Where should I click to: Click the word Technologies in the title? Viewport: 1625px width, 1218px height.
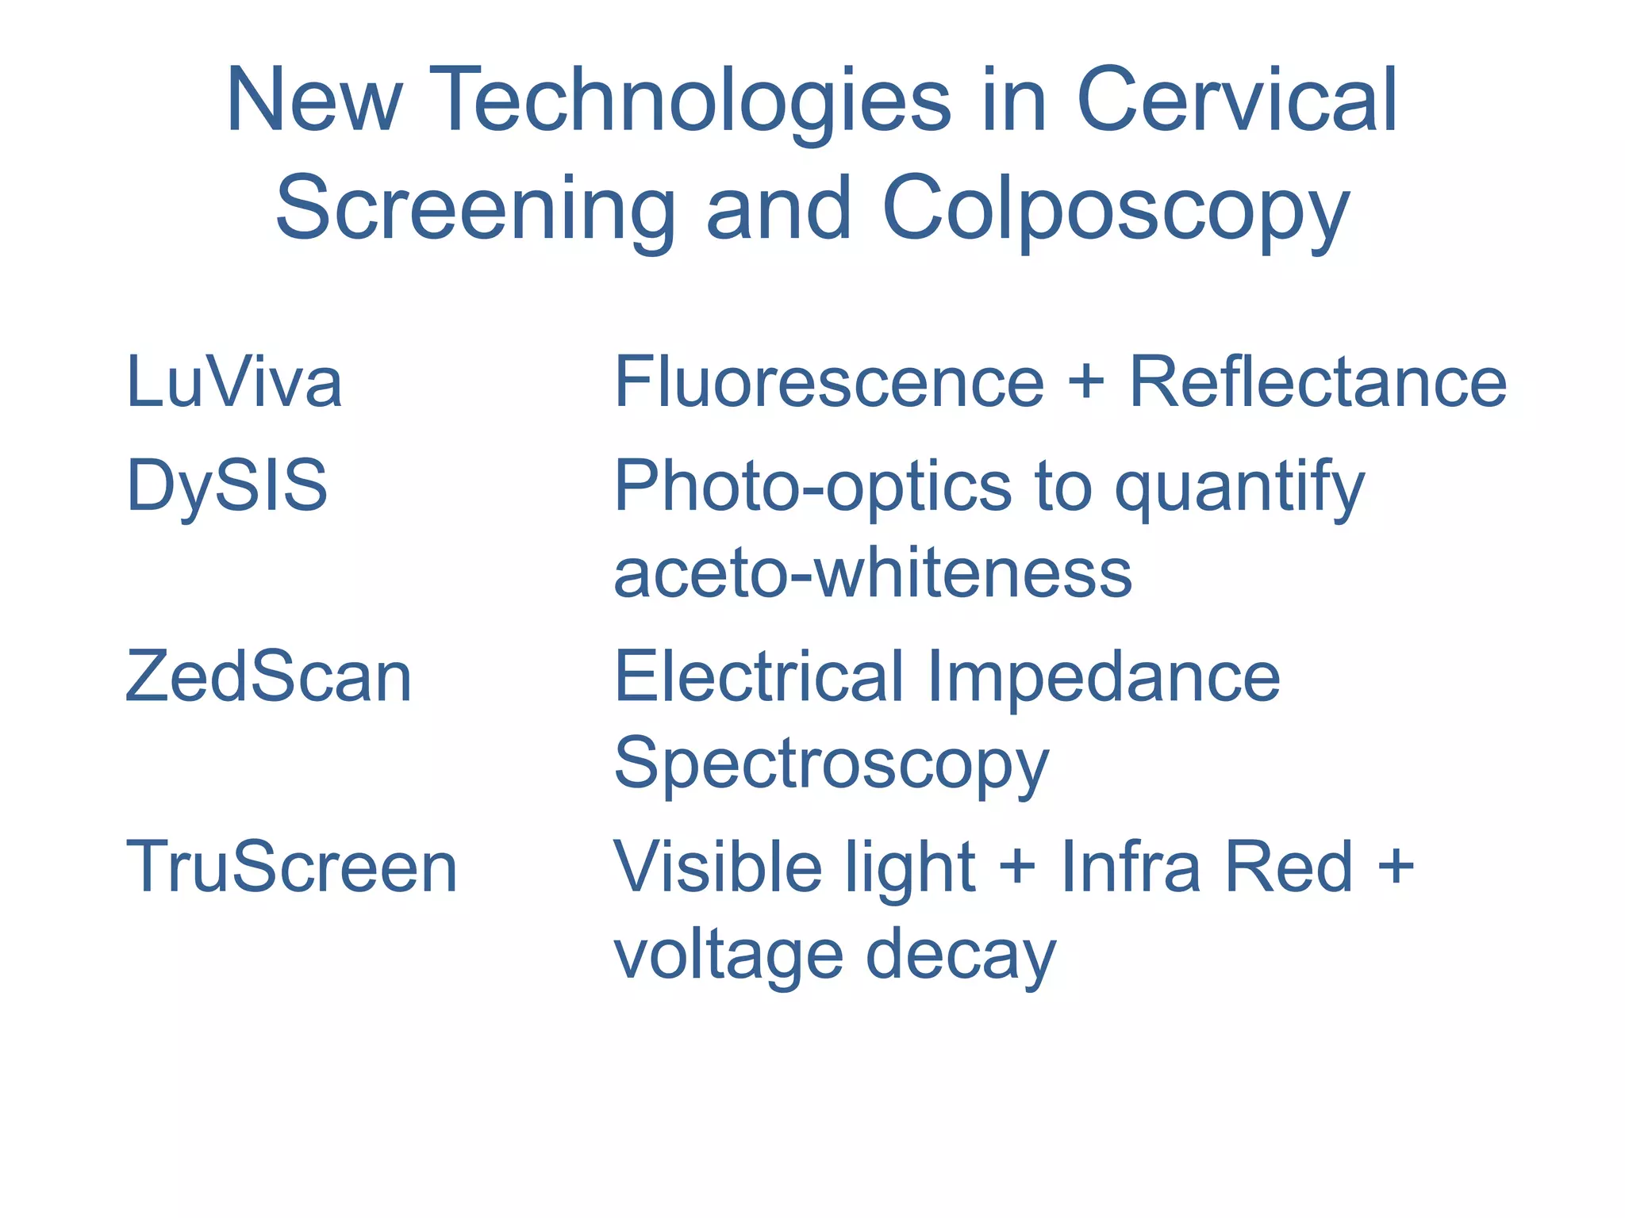point(693,103)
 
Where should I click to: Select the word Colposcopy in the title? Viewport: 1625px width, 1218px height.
point(1115,211)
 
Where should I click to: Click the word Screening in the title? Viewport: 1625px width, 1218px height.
point(474,211)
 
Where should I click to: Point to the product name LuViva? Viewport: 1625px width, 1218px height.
point(234,383)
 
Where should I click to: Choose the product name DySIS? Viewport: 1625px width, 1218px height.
point(227,485)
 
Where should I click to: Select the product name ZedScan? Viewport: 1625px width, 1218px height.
point(269,677)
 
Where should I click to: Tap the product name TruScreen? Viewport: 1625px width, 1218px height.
point(292,868)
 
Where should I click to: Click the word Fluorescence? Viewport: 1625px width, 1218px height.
point(828,383)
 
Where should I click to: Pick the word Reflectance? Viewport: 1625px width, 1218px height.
point(1317,383)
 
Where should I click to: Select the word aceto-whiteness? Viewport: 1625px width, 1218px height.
point(873,573)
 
